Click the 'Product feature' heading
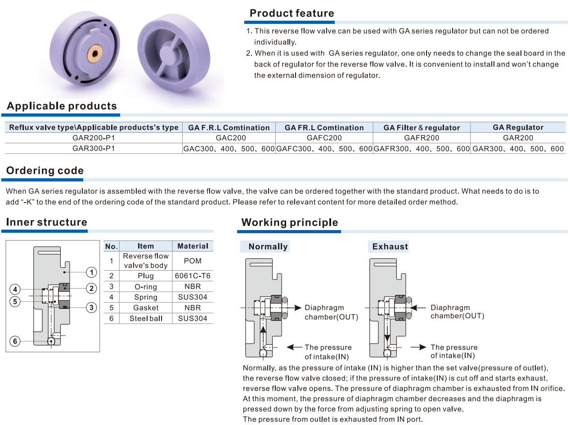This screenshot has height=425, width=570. coord(292,14)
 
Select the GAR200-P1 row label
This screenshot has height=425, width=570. coord(94,138)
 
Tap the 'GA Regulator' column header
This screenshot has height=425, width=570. coord(518,127)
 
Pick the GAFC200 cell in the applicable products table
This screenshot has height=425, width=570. coord(324,138)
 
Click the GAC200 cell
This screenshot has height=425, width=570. coord(229,138)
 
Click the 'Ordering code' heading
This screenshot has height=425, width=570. coord(45,171)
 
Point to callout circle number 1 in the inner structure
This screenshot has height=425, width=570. coord(91,272)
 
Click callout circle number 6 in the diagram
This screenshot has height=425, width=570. coord(15,341)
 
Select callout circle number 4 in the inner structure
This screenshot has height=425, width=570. coord(15,289)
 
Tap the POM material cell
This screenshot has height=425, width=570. coord(193,261)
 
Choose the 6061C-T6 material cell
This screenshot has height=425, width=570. coord(193,276)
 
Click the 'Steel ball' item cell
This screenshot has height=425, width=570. coord(146,318)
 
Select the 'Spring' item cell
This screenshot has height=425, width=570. coord(146,297)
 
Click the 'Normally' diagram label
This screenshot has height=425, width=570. coord(268,246)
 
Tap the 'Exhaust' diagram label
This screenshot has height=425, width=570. coord(390,246)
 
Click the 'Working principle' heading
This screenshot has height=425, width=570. coord(289,222)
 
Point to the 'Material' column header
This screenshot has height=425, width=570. coord(193,246)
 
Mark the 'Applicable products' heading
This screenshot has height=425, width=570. coord(62,106)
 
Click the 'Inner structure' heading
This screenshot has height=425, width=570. coord(47,222)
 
